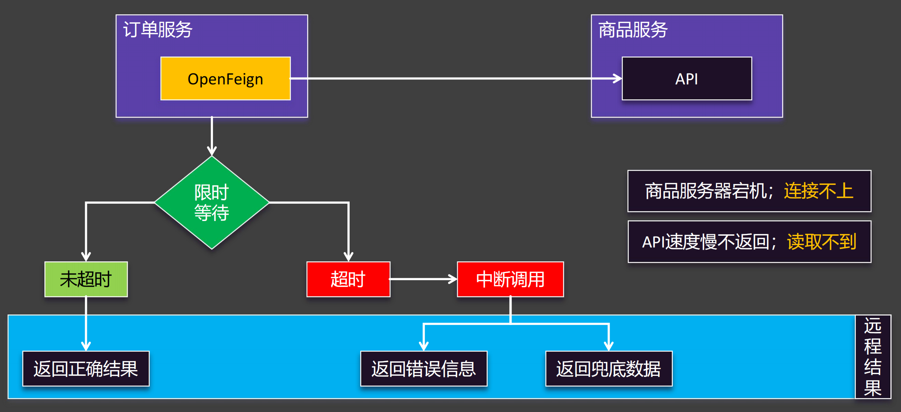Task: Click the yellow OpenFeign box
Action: point(225,78)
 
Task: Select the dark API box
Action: point(687,78)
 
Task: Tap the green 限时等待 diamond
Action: point(212,203)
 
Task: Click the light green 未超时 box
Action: point(86,279)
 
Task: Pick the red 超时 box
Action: point(349,279)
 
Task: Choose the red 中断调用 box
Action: point(510,279)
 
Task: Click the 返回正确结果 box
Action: point(86,369)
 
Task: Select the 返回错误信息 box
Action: point(424,369)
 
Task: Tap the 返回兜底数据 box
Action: point(609,369)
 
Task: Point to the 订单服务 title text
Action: point(158,30)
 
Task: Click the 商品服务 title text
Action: point(633,30)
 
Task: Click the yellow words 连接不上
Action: point(819,191)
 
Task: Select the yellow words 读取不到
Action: point(822,242)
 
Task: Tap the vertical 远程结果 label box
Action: point(873,357)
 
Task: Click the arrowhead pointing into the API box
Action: point(618,78)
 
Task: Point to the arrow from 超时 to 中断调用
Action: point(423,279)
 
